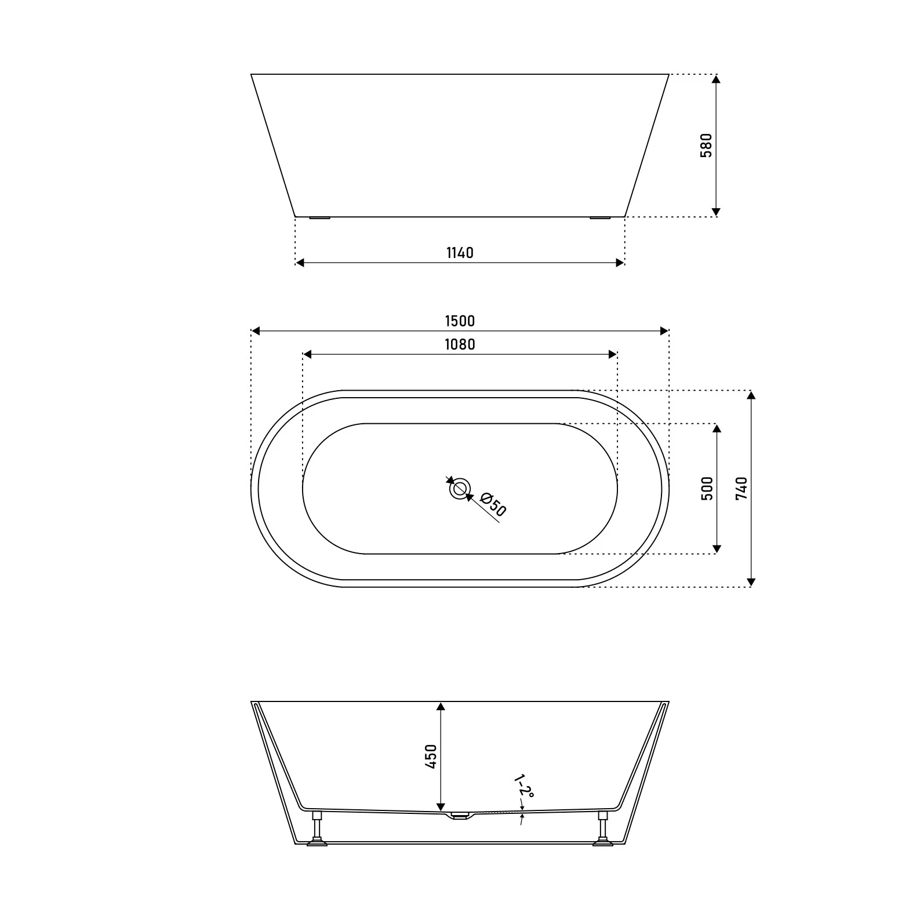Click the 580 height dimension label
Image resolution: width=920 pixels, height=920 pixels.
pos(706,146)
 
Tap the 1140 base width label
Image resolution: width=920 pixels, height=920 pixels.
pos(460,253)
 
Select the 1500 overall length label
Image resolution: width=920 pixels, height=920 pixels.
pos(460,321)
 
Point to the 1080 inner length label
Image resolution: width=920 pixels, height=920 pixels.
pos(460,344)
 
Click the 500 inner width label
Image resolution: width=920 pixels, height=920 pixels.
pos(707,489)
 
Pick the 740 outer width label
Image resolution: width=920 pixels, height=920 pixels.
pos(741,489)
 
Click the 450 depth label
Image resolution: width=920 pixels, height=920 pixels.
pos(430,757)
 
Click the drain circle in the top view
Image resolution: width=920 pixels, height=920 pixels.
pos(460,489)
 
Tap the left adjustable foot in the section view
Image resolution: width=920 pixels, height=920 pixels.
pos(317,829)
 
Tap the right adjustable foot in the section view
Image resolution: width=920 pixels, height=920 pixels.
pos(603,829)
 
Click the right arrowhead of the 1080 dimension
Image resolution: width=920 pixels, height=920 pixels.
pos(613,354)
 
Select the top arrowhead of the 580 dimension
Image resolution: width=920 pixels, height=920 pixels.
pos(717,79)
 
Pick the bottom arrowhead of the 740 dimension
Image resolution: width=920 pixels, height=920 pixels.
pos(751,581)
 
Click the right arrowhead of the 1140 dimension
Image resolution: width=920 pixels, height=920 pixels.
pos(620,263)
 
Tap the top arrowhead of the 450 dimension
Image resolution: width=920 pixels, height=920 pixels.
pos(441,707)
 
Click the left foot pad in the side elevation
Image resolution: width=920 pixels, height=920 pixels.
pos(319,219)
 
